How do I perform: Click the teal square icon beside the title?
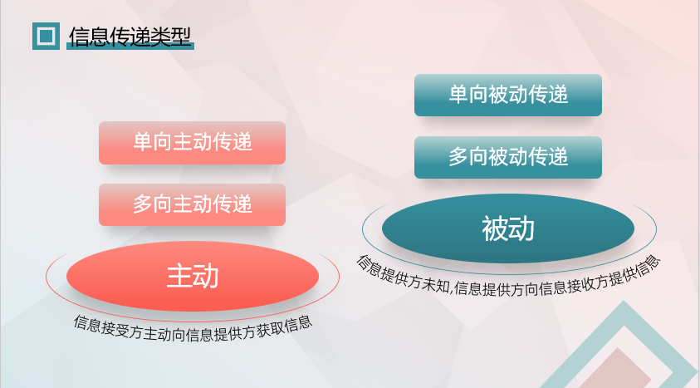tap(46, 37)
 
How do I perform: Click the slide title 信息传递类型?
tap(130, 37)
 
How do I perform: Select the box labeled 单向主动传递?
tap(192, 143)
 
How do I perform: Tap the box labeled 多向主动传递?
tap(192, 204)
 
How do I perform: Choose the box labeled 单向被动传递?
tap(508, 95)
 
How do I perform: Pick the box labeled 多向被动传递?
tap(508, 158)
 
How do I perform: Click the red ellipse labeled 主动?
tap(193, 276)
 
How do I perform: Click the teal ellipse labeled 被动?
tap(508, 228)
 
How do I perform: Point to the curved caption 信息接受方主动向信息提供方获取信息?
tap(193, 330)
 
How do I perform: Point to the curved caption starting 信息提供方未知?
tap(508, 280)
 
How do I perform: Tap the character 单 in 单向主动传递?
tap(143, 142)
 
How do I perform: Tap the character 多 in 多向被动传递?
tap(458, 157)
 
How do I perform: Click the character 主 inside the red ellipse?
tap(179, 276)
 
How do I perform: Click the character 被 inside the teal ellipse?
tap(495, 228)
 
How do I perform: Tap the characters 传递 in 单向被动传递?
tap(548, 95)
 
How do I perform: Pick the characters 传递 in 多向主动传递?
tap(233, 204)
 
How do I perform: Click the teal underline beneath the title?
tap(130, 47)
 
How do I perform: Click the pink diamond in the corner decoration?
tap(616, 370)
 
